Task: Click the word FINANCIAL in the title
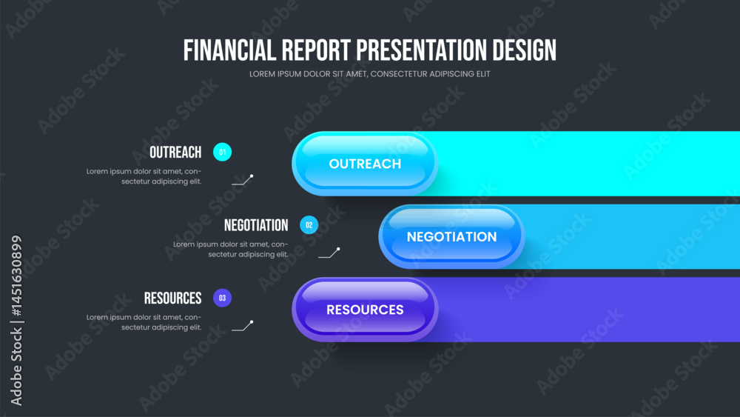pos(229,50)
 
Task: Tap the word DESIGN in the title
pos(525,50)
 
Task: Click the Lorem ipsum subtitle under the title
pos(369,74)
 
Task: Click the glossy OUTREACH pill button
pos(365,164)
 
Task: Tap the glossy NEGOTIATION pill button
pos(451,236)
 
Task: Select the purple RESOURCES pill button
pos(365,310)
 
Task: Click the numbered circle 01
pos(222,152)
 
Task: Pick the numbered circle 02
pos(309,225)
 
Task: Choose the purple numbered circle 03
pos(222,298)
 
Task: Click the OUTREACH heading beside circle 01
pos(175,153)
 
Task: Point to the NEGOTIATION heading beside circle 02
pos(256,225)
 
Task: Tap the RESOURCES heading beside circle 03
pos(172,298)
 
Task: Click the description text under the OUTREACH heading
pos(144,176)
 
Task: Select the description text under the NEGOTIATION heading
pos(231,250)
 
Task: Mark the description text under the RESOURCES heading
pos(144,322)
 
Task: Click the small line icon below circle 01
pos(243,180)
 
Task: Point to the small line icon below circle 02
pos(329,253)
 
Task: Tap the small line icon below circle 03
pos(243,326)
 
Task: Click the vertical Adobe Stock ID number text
pos(16,276)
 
